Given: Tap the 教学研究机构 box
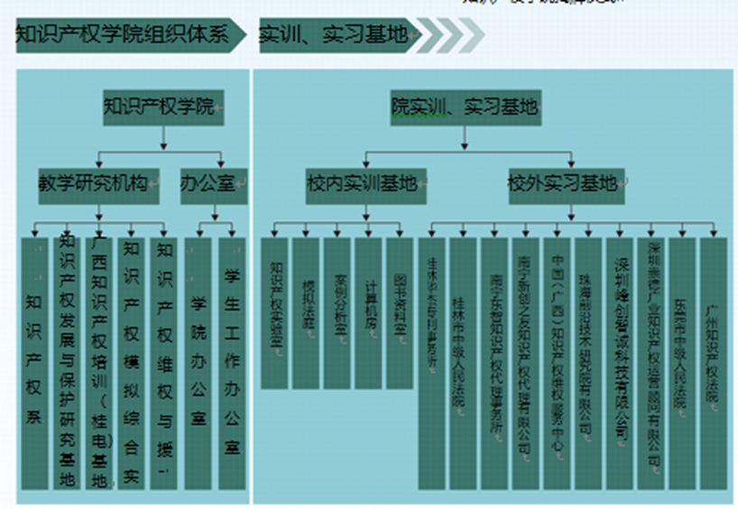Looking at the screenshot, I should [x=98, y=183].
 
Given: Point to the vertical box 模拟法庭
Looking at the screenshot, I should [x=307, y=312].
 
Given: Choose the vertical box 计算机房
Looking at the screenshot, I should [x=369, y=312].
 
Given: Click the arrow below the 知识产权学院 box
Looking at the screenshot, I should [x=163, y=137].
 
